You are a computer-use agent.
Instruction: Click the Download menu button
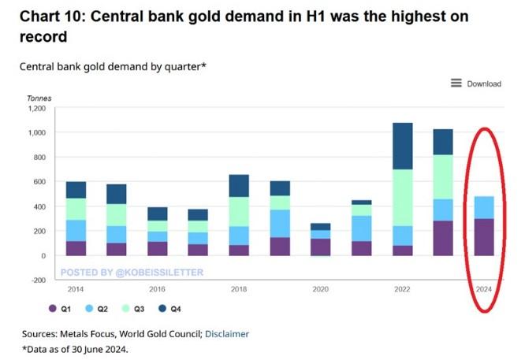coord(476,84)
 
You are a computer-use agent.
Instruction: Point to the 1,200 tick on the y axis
coord(35,108)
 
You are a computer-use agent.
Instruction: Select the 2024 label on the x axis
coord(484,289)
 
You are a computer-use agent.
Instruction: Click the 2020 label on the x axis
coord(321,289)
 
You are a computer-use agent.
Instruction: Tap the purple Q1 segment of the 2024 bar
coord(484,237)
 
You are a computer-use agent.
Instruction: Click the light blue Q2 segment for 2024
coord(484,207)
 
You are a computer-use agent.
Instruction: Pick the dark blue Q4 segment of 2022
coord(403,146)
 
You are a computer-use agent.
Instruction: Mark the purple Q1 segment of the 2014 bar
coord(76,248)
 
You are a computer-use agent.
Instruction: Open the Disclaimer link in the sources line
coord(227,334)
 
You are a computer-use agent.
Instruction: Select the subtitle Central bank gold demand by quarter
coord(113,65)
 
